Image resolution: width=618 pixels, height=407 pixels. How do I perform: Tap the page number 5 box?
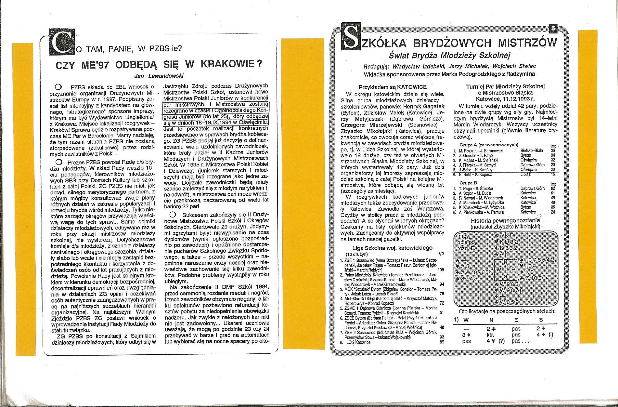tap(553, 29)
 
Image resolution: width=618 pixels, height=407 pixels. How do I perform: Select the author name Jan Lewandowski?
tap(159, 76)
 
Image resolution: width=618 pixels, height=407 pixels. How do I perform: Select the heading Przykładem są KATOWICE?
tap(392, 87)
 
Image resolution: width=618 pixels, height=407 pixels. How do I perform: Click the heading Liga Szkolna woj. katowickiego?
tap(392, 248)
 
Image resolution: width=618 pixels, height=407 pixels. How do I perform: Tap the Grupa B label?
tap(468, 183)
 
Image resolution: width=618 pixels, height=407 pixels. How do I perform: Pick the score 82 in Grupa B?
tap(553, 188)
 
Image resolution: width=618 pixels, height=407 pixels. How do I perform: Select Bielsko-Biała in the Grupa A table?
tap(531, 151)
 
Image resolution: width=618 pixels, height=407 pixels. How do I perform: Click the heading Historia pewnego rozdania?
tap(505, 221)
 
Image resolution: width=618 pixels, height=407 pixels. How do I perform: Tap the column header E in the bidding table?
tap(516, 320)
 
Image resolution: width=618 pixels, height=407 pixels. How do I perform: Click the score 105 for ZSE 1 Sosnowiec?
tap(441, 270)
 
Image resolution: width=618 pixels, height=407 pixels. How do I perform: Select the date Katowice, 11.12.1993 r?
tap(505, 99)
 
